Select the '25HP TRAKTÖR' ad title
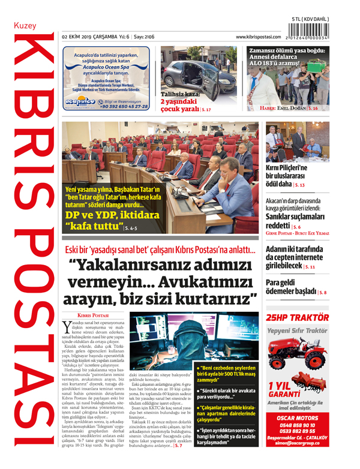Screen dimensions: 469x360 [x=298, y=317]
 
